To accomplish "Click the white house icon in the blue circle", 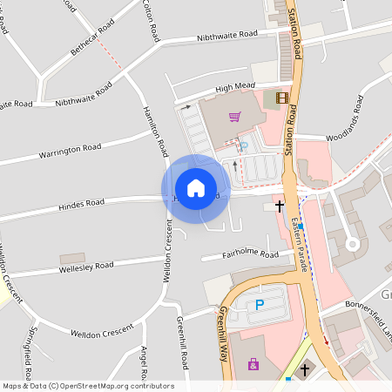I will click(x=196, y=188).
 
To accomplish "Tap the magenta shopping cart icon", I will click(x=234, y=117).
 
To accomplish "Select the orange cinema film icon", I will click(x=281, y=98).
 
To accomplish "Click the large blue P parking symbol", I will click(x=259, y=306).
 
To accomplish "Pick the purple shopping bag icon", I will click(x=253, y=364).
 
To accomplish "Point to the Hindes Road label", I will click(x=81, y=203).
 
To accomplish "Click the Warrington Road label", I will click(x=70, y=152).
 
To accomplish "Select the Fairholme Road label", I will click(x=251, y=254).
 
